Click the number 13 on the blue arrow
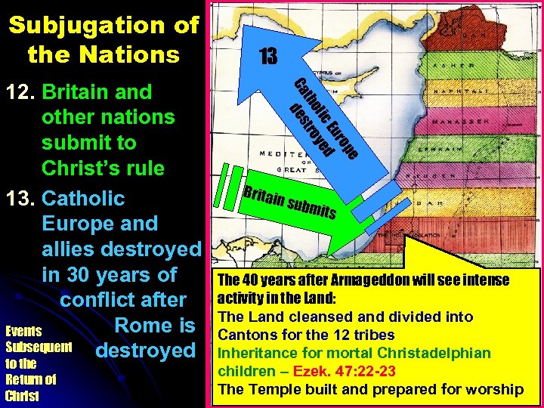(268, 57)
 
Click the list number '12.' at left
(22, 92)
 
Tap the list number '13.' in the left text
(22, 199)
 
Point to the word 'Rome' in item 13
(144, 326)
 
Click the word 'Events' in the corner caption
(23, 331)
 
